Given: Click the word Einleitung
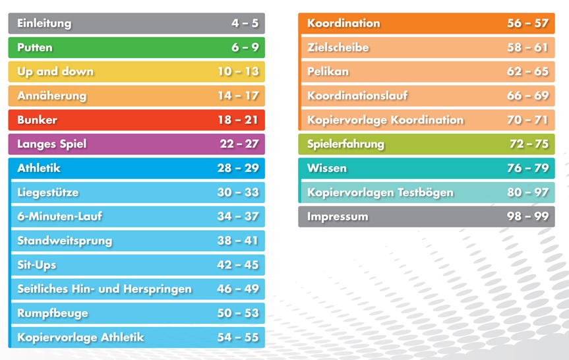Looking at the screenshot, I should tap(44, 24).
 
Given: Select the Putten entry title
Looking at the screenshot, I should tap(35, 47).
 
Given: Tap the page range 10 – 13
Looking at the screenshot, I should tap(238, 72).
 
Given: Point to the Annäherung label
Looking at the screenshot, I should tap(51, 96).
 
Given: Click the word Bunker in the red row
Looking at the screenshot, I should tap(37, 120).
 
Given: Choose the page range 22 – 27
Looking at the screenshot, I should tap(239, 144).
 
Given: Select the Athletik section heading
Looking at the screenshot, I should tap(39, 168).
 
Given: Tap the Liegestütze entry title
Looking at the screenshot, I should tap(48, 193).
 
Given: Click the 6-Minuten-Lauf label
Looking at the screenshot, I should tap(60, 216).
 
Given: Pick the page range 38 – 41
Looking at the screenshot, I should tap(238, 241).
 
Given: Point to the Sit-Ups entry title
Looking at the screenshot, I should tap(37, 265).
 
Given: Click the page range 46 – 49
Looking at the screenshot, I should tap(238, 289).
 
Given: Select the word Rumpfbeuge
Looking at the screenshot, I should tap(53, 313).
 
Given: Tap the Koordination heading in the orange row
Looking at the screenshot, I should tap(344, 23).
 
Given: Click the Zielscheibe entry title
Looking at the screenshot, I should tap(338, 47).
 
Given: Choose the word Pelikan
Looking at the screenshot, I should tap(328, 71).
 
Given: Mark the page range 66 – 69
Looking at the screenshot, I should tap(527, 96).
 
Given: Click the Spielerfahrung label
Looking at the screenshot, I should tap(345, 144).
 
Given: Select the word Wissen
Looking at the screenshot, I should tap(327, 168).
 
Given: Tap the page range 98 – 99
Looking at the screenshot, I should tap(527, 216).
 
